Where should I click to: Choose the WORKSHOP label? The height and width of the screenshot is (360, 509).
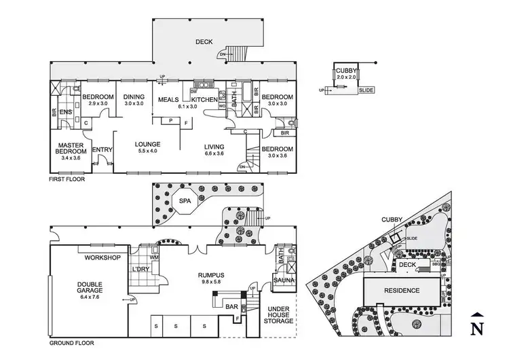click(102, 257)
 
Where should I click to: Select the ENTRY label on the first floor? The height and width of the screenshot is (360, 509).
click(102, 150)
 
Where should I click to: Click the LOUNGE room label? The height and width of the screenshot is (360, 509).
click(147, 144)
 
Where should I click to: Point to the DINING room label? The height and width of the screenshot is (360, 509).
click(134, 97)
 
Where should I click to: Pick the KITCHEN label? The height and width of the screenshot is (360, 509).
click(204, 100)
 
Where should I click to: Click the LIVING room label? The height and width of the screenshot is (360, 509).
click(219, 146)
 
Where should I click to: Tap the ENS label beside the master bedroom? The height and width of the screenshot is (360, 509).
click(66, 111)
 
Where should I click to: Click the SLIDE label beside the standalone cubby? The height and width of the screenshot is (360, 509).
click(366, 90)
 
